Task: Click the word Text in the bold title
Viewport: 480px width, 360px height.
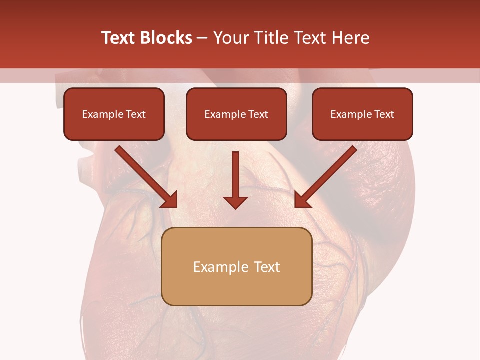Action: coord(118,38)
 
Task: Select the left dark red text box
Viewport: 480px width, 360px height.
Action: coord(114,114)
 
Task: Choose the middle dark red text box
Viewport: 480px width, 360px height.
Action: coord(236,114)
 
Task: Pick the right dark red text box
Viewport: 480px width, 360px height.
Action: coord(362,114)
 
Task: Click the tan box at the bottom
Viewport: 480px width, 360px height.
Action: coord(237,266)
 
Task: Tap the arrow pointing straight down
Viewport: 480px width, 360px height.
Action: coord(236,180)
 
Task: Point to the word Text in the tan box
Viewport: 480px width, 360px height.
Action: coord(266,267)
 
